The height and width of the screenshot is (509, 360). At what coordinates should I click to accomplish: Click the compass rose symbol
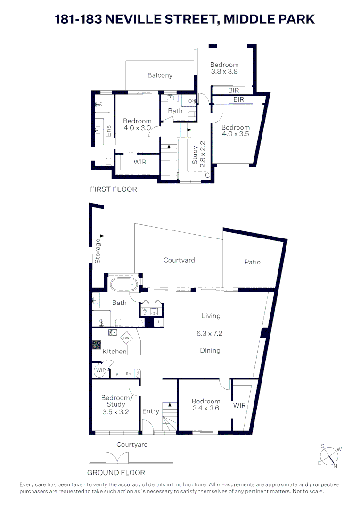click(x=330, y=456)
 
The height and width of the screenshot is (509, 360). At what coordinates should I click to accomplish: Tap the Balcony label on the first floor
click(x=160, y=75)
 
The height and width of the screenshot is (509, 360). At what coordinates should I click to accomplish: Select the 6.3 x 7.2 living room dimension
click(x=209, y=333)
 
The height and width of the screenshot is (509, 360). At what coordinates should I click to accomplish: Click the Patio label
click(x=252, y=262)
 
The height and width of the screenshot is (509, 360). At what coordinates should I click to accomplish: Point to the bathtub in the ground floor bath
click(x=124, y=285)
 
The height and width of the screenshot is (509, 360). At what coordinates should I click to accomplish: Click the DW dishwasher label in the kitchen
click(x=126, y=338)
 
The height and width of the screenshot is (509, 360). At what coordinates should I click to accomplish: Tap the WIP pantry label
click(x=100, y=370)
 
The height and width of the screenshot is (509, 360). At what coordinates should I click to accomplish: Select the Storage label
click(x=98, y=251)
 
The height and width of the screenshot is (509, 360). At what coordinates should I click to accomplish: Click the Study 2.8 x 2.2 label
click(x=198, y=152)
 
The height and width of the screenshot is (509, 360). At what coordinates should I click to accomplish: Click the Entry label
click(x=151, y=411)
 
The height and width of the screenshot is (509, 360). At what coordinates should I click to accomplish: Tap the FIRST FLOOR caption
click(x=113, y=189)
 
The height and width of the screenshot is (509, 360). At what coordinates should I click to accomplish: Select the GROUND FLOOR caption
click(x=116, y=472)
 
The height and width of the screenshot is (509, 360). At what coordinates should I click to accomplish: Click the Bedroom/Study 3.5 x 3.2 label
click(x=115, y=404)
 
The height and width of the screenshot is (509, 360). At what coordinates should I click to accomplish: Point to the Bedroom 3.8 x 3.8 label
click(x=224, y=68)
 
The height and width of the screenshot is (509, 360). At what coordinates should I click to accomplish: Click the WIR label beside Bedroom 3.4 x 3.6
click(x=240, y=405)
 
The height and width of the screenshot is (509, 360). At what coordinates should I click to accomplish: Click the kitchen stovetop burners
click(x=97, y=344)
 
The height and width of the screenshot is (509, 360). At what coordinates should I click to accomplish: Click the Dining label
click(x=210, y=350)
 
